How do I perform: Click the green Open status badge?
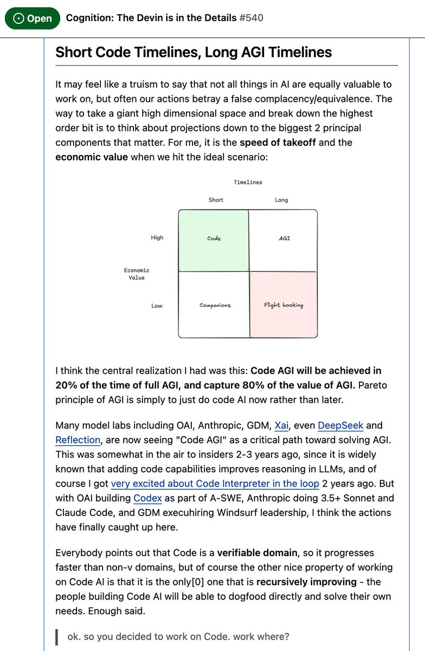[32, 18]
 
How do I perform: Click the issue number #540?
[251, 18]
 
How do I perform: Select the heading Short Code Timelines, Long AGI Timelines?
[194, 52]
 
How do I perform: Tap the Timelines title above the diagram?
[248, 182]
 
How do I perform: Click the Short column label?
[216, 200]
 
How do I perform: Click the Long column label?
[281, 200]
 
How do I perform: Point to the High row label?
[157, 238]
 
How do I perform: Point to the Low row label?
[157, 306]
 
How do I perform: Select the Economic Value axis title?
[137, 274]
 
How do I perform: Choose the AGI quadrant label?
[284, 238]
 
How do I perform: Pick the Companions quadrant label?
[215, 305]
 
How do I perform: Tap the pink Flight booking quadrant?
[284, 305]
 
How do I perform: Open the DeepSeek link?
[340, 425]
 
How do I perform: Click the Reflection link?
[78, 440]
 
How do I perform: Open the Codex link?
[147, 498]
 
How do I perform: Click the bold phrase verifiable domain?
[257, 553]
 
